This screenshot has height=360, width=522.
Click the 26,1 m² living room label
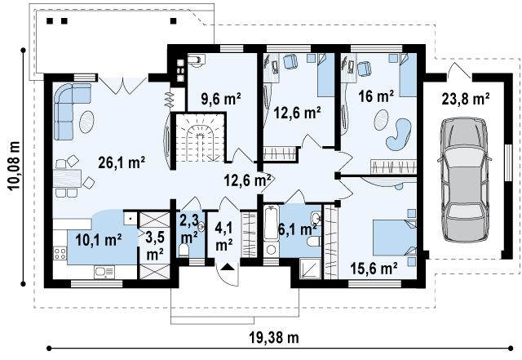point(122,162)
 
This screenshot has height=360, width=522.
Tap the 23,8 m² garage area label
point(466,99)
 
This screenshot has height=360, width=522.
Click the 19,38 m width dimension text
point(274,338)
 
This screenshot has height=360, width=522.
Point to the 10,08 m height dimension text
point(14,166)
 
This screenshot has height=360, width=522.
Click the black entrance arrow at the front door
point(228,266)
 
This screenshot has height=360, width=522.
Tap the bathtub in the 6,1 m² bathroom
point(272,223)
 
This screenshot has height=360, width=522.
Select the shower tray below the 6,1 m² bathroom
point(310,269)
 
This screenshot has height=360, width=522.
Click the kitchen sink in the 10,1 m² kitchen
point(104,273)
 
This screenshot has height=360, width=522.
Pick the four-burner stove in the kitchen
point(60,253)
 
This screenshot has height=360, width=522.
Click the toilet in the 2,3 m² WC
point(184,251)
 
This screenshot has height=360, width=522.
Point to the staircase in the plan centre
point(199,137)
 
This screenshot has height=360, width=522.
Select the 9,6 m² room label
point(220,98)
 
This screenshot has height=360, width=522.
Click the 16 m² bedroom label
point(376,96)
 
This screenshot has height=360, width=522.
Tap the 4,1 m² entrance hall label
point(224,237)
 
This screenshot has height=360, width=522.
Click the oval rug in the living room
point(87,122)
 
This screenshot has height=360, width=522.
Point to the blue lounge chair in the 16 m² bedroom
point(399,135)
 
